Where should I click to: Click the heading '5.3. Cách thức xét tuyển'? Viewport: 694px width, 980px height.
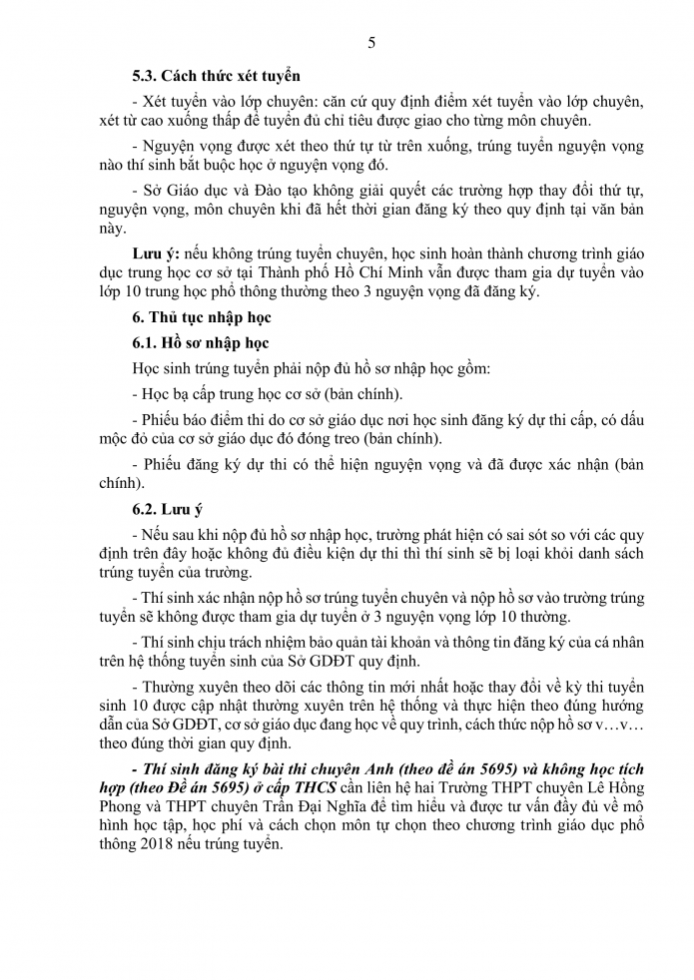click(217, 75)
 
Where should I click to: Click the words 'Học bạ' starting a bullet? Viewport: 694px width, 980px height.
click(166, 392)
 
